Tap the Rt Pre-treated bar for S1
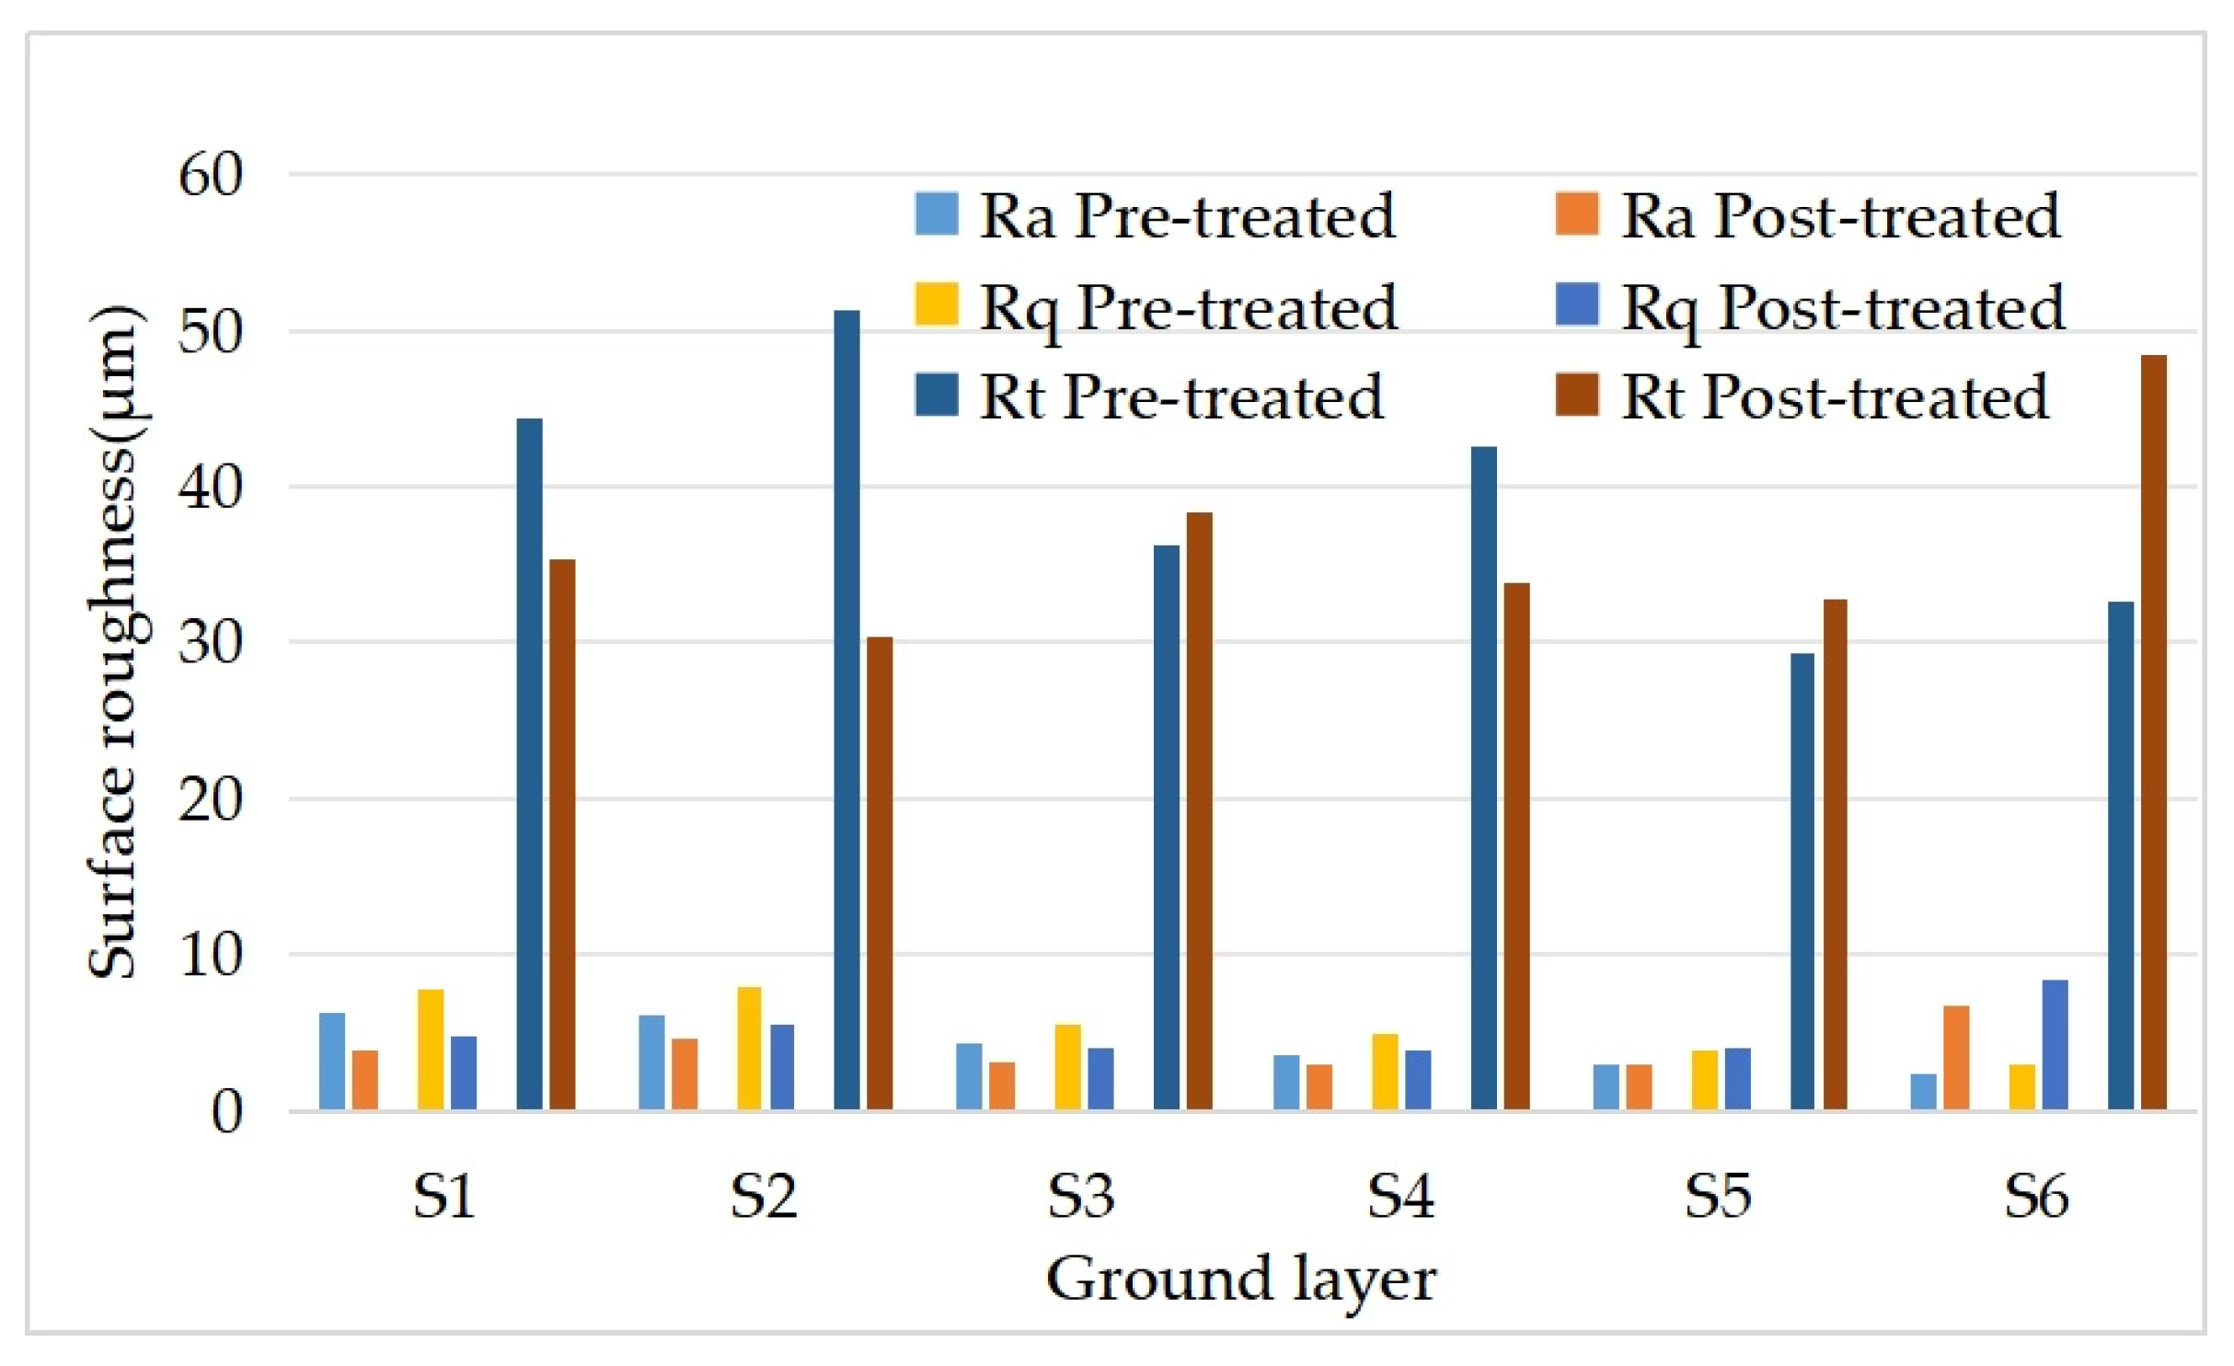pos(529,763)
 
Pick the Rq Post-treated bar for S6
pos(2056,1045)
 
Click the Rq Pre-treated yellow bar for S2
pos(749,1048)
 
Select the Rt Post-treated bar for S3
pos(1199,810)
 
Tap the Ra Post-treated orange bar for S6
pos(1956,1057)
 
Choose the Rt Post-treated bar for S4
pos(1516,845)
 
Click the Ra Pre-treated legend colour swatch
pos(937,213)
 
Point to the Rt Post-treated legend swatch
pos(1577,396)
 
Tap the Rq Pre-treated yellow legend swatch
pos(937,304)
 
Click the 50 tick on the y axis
pos(210,332)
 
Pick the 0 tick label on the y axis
pos(226,1112)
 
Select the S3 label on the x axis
pos(1081,1197)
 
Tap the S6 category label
pos(2036,1197)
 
